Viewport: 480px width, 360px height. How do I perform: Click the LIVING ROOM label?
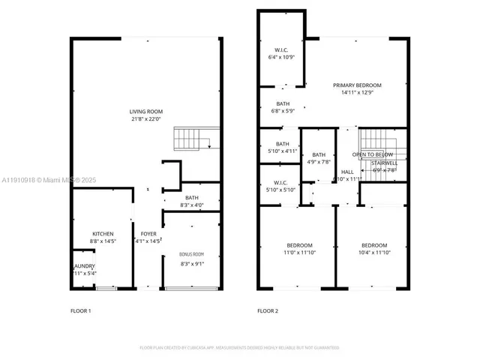pos(146,111)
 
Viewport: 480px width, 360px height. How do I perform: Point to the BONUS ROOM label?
pos(191,254)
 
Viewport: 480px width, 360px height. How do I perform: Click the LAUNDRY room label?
pos(84,265)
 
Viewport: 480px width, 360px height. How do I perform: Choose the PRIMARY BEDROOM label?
pos(357,85)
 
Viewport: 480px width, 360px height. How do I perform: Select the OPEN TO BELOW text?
pos(384,154)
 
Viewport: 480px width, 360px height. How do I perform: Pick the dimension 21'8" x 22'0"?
pos(146,118)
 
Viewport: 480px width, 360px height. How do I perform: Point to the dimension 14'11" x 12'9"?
pos(357,92)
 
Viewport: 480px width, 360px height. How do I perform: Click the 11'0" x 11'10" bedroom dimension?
pos(298,253)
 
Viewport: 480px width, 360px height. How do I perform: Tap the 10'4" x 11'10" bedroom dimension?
pos(373,253)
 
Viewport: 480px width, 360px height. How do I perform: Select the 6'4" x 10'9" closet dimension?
pos(283,58)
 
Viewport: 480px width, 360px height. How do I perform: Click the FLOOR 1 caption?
pos(80,310)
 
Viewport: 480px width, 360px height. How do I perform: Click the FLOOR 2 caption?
pos(268,310)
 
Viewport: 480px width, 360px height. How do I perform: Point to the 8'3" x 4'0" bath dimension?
pos(191,205)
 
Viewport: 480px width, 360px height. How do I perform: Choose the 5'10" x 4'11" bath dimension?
pos(282,151)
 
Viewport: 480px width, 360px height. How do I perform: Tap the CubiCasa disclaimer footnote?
pos(239,347)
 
